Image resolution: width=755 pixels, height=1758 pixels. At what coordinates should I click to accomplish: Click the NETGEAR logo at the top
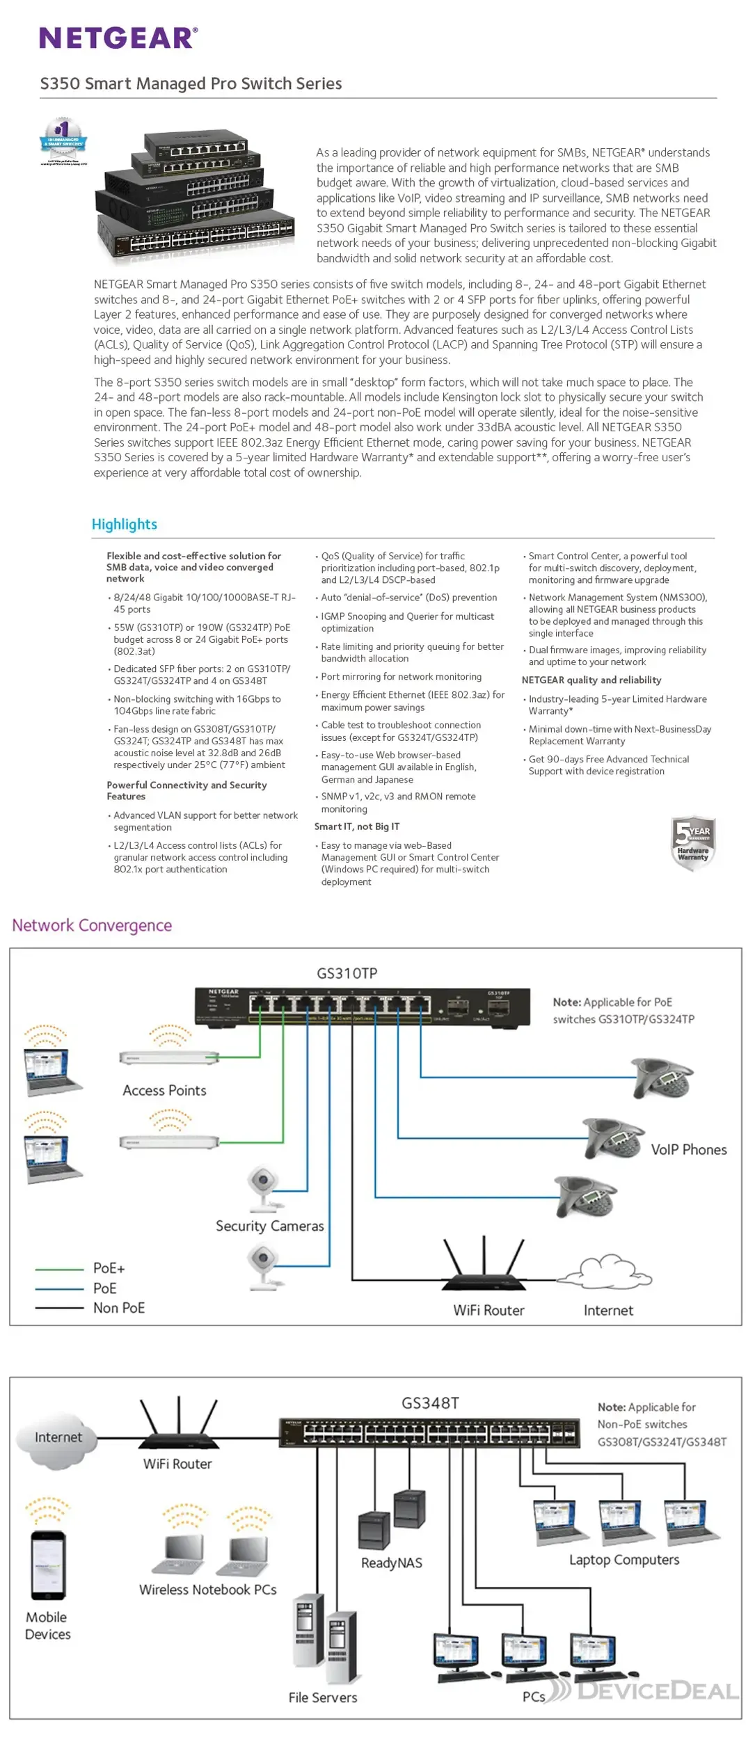click(118, 38)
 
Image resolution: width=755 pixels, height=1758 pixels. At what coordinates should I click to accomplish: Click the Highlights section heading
click(125, 524)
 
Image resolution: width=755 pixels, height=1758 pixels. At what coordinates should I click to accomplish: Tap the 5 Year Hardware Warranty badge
click(692, 842)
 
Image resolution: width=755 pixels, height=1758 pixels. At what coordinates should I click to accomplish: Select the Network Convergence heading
click(92, 925)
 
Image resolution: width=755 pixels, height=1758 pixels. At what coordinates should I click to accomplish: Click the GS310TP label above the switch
click(347, 973)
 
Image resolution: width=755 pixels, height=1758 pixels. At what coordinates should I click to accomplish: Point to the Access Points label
click(164, 1090)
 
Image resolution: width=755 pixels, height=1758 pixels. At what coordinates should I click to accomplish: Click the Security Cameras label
click(269, 1226)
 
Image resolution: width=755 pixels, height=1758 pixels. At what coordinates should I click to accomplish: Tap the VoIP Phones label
click(688, 1149)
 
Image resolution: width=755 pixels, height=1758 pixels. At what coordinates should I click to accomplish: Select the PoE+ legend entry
click(109, 1268)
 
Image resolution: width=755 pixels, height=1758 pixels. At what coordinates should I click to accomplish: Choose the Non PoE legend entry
click(118, 1308)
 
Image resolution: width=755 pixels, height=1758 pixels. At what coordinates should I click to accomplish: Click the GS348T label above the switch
click(430, 1403)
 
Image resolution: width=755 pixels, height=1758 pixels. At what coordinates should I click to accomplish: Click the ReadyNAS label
click(391, 1563)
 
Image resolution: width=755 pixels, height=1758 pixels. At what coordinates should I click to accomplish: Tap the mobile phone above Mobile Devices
click(48, 1566)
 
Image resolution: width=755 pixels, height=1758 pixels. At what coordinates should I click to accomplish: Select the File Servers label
click(323, 1697)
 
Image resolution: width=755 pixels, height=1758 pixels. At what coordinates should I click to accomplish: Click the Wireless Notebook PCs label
click(207, 1590)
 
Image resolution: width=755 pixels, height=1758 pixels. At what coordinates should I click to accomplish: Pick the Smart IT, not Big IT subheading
click(356, 826)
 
